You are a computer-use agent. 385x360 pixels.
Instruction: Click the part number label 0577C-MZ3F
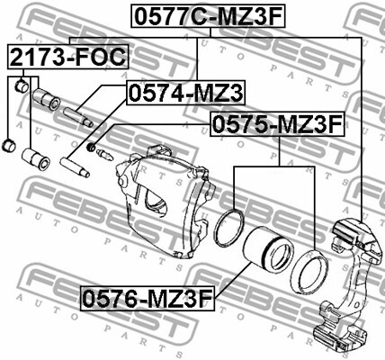click(208, 16)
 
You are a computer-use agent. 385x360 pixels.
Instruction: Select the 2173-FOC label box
click(67, 57)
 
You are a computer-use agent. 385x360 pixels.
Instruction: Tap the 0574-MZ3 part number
click(186, 93)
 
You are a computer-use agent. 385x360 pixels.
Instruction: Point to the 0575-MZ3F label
click(277, 124)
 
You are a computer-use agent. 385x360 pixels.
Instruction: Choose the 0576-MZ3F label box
click(148, 298)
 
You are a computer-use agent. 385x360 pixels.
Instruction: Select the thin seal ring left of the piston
click(229, 227)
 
